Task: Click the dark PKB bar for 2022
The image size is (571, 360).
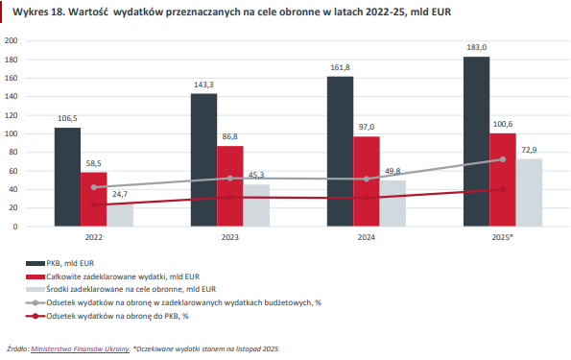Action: coord(67,177)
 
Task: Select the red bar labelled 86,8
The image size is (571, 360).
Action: coord(230,186)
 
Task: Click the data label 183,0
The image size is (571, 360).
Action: coord(477,47)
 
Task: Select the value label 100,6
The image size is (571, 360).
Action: coord(503,124)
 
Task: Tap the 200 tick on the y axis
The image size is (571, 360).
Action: coord(12,41)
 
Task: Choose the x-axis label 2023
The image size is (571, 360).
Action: coord(230,235)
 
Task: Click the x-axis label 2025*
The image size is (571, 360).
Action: coord(502,235)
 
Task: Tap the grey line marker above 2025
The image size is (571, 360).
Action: coord(503,159)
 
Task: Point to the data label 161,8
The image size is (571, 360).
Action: coord(340,67)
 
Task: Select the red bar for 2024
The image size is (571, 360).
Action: coord(367,181)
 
